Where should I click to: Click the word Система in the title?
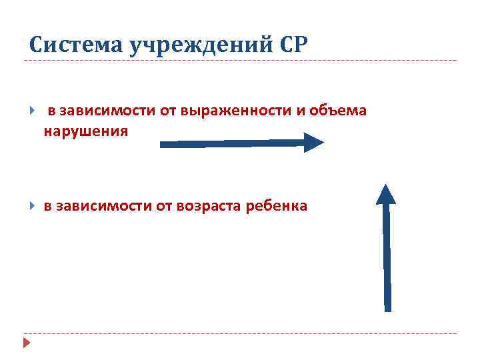67,45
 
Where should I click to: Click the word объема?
344,110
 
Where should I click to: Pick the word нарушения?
85,131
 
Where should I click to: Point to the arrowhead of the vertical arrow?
386,193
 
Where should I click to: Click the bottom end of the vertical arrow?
387,307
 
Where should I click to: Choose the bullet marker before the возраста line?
32,206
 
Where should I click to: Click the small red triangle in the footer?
27,343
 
